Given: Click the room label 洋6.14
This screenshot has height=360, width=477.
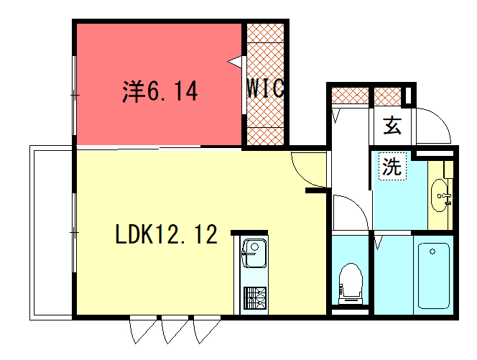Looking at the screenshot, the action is click(x=160, y=91).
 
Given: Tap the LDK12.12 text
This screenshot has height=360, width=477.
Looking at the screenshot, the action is click(x=167, y=234).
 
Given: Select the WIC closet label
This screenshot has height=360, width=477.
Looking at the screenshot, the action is click(x=265, y=88).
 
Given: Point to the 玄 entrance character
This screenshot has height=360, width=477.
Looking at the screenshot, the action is click(x=392, y=125).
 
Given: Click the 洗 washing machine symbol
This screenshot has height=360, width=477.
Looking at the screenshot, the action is click(x=392, y=167).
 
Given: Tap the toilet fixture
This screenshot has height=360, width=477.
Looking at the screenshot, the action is click(x=351, y=284).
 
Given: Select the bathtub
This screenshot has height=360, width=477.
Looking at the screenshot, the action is click(x=433, y=276).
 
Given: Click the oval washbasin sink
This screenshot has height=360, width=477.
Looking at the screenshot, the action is click(x=439, y=195).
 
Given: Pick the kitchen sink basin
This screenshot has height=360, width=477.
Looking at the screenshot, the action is click(x=254, y=253).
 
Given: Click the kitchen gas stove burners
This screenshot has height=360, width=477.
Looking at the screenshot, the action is click(x=255, y=298).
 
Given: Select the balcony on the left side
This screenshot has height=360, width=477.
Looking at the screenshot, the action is click(x=51, y=233).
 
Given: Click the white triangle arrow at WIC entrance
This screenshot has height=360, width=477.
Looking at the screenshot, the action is click(x=236, y=62).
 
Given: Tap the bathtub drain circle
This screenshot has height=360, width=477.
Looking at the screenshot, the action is click(x=432, y=251).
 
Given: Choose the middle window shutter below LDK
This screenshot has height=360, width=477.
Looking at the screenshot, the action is click(x=175, y=330).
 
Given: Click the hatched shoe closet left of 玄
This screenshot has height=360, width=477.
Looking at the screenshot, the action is click(x=350, y=96).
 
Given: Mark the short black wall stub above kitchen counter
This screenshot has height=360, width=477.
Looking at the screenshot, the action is click(x=249, y=233).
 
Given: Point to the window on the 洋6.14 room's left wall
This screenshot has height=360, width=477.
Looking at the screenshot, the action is click(x=74, y=96).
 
